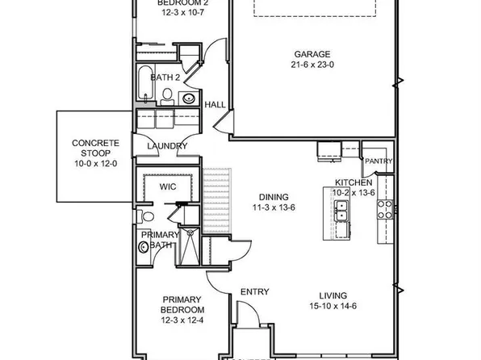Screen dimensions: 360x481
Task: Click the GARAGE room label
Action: point(312,56)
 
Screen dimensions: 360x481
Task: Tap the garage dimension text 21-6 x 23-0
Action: point(312,66)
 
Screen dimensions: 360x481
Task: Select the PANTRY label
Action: point(378,161)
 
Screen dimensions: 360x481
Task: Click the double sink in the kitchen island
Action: point(342,212)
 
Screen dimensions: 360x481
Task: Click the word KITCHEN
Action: point(353,183)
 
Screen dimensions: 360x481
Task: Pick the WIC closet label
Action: point(167,186)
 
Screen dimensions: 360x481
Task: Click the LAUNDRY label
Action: point(167,146)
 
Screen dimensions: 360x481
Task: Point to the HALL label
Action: point(215,105)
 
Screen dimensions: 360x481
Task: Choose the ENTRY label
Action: point(254,292)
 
